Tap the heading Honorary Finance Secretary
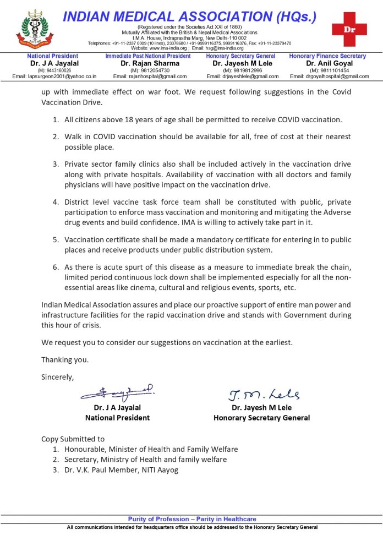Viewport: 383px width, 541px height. click(x=327, y=56)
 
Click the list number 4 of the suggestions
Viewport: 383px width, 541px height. click(x=56, y=201)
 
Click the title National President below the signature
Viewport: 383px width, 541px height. click(x=117, y=418)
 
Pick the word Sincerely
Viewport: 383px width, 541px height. click(x=57, y=377)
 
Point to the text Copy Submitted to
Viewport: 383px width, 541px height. click(x=73, y=439)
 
